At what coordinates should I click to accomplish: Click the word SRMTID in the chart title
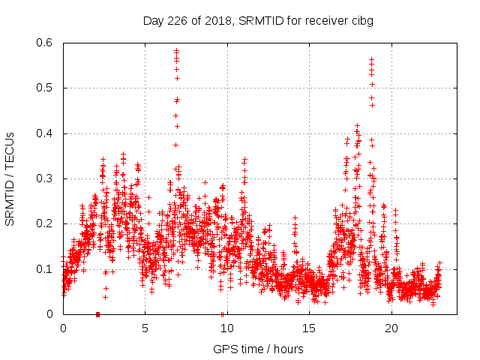(x=257, y=21)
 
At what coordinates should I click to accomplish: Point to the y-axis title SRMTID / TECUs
(x=10, y=178)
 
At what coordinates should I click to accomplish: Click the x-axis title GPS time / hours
(x=258, y=349)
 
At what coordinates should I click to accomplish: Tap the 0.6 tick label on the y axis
(x=46, y=43)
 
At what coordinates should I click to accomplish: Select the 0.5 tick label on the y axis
(x=46, y=88)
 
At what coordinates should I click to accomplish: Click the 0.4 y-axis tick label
(x=46, y=133)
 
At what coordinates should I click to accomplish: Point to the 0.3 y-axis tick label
(x=46, y=178)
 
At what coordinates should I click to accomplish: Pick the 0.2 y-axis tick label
(x=46, y=223)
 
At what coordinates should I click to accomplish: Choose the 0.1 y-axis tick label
(x=46, y=268)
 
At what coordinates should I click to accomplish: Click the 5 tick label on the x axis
(x=145, y=328)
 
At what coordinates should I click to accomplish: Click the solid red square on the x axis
(x=97, y=313)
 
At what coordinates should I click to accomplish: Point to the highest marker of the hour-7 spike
(x=177, y=51)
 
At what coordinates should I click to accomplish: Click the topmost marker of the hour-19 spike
(x=371, y=59)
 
